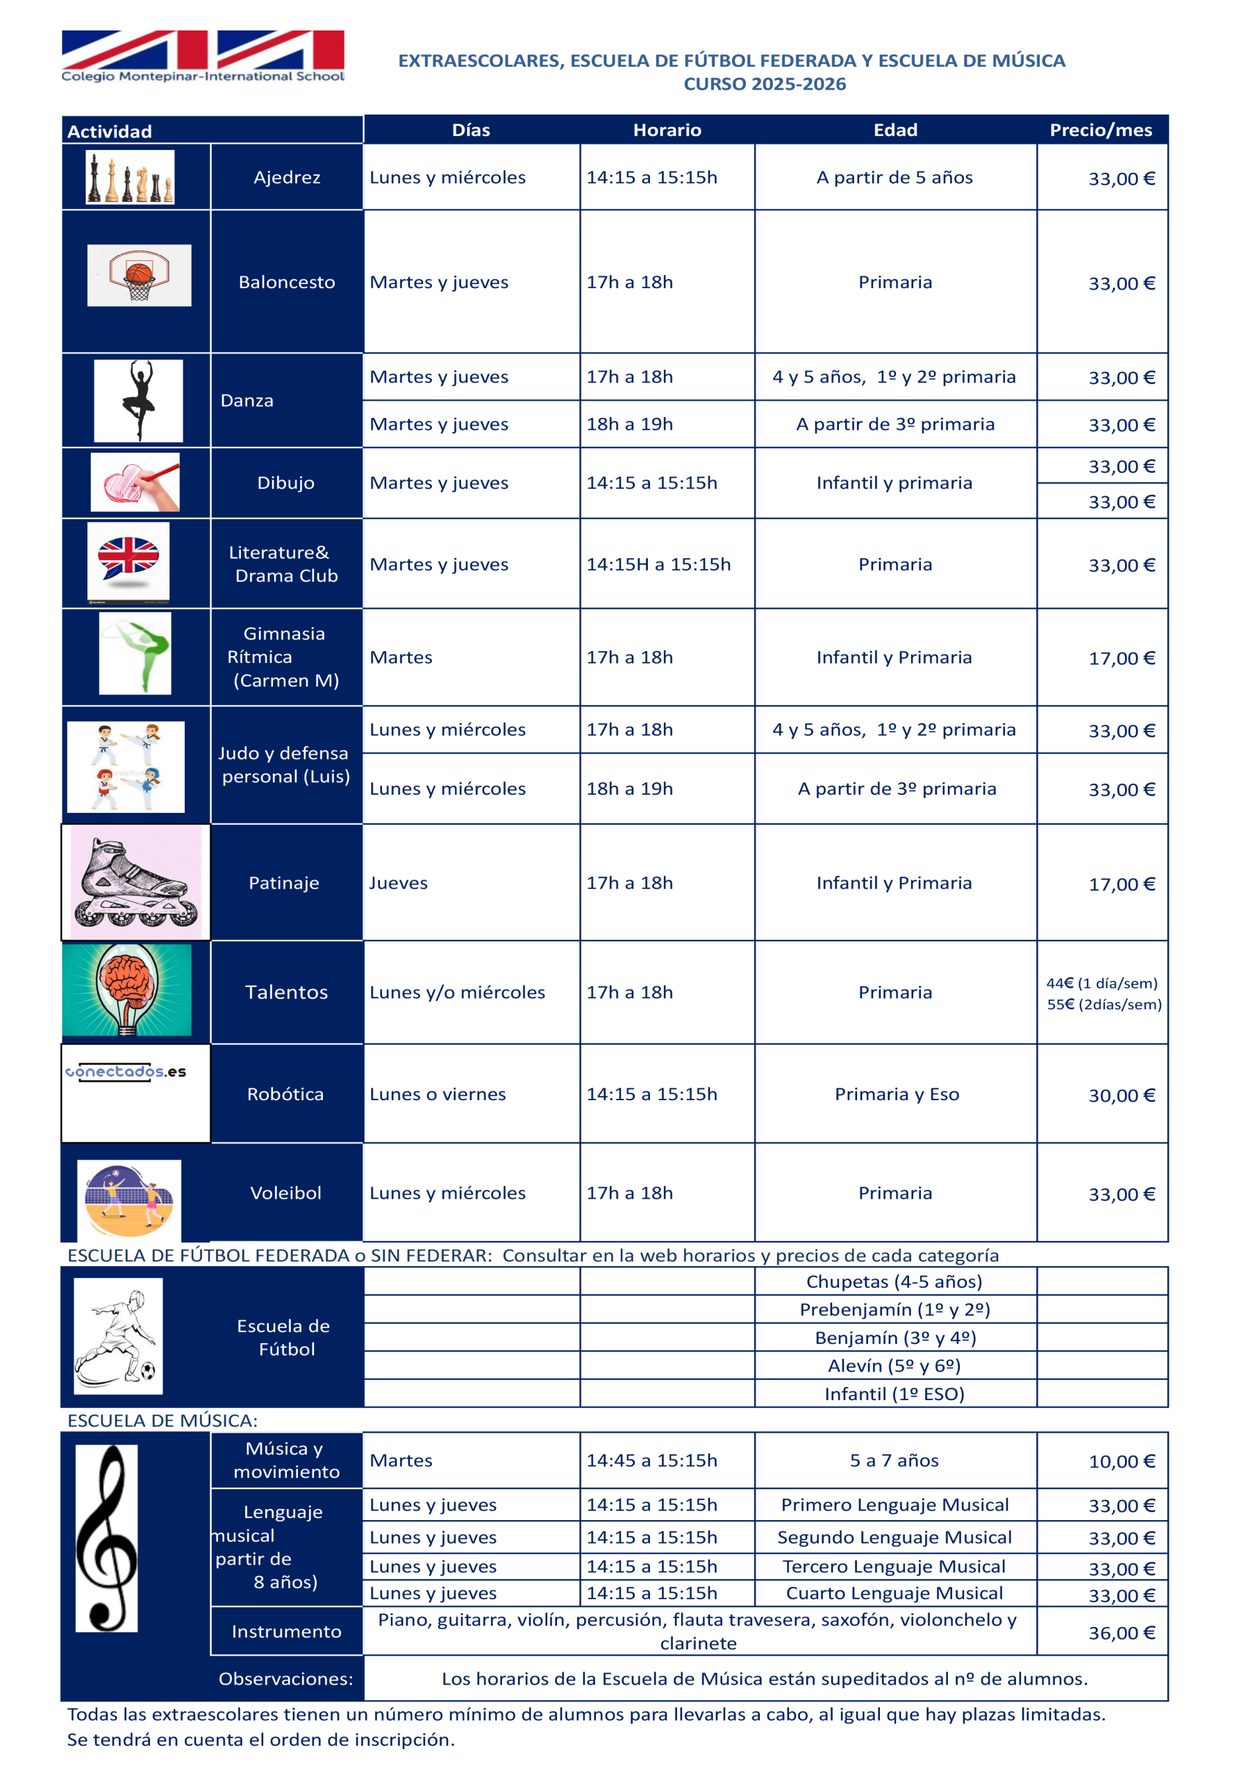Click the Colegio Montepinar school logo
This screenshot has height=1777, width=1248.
pyautogui.click(x=203, y=56)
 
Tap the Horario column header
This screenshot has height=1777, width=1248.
pyautogui.click(x=667, y=130)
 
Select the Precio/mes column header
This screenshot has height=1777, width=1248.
pyautogui.click(x=1100, y=130)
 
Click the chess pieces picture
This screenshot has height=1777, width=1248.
pyautogui.click(x=130, y=177)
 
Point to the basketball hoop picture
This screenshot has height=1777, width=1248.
pyautogui.click(x=140, y=276)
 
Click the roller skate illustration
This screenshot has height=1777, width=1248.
pyautogui.click(x=135, y=882)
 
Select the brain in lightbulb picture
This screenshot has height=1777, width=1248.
pyautogui.click(x=127, y=989)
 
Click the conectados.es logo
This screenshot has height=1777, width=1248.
pyautogui.click(x=126, y=1072)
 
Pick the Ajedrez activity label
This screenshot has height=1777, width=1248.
pyautogui.click(x=286, y=177)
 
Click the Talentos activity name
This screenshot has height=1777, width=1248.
pyautogui.click(x=286, y=992)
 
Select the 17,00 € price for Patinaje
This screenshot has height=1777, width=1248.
pyautogui.click(x=1121, y=884)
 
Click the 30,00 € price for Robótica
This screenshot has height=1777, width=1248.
pyautogui.click(x=1121, y=1095)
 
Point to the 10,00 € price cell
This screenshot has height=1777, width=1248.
pyautogui.click(x=1121, y=1461)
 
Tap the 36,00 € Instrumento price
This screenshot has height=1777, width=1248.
pyautogui.click(x=1121, y=1633)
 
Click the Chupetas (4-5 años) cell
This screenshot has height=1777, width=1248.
pyautogui.click(x=895, y=1281)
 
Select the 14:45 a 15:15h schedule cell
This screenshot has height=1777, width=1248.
pyautogui.click(x=651, y=1460)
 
